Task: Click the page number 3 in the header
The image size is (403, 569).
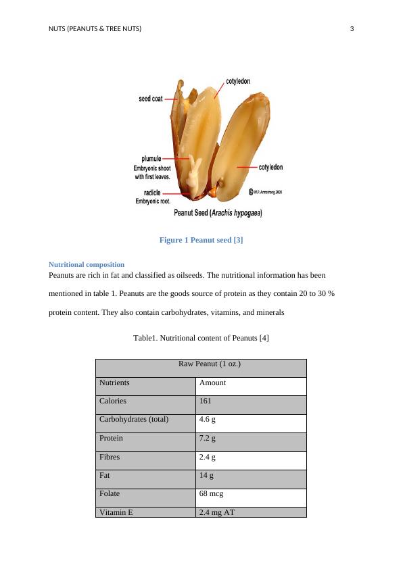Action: point(352,28)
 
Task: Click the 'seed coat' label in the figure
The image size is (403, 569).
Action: point(150,99)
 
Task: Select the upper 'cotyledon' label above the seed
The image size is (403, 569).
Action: point(237,81)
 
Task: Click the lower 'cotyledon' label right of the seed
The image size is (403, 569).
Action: point(270,166)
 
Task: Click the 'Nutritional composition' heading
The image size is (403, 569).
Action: point(87,264)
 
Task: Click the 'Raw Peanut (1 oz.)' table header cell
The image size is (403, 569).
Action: point(201,364)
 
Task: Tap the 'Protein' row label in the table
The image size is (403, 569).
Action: point(112,438)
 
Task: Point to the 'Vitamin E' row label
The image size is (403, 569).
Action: point(116,512)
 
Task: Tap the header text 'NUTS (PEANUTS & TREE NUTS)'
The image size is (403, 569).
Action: point(95,28)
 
